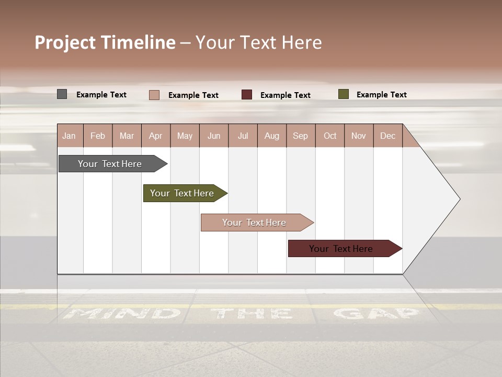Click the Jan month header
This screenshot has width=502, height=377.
(x=69, y=136)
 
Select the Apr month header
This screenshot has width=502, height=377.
(x=155, y=136)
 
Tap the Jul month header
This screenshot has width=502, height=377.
(x=243, y=136)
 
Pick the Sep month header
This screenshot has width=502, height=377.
(x=300, y=136)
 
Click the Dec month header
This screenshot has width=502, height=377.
(x=387, y=136)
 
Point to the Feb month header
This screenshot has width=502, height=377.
(x=98, y=136)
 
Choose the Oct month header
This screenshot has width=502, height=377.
(x=330, y=136)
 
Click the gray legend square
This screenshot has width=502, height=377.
(x=62, y=94)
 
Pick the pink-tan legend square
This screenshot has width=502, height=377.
(x=154, y=95)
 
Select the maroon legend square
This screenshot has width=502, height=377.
(x=247, y=95)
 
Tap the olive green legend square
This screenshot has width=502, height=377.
(x=343, y=94)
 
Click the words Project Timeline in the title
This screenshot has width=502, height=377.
(x=105, y=42)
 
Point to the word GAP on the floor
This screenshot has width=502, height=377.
(x=376, y=314)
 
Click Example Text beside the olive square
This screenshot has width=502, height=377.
(x=381, y=95)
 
